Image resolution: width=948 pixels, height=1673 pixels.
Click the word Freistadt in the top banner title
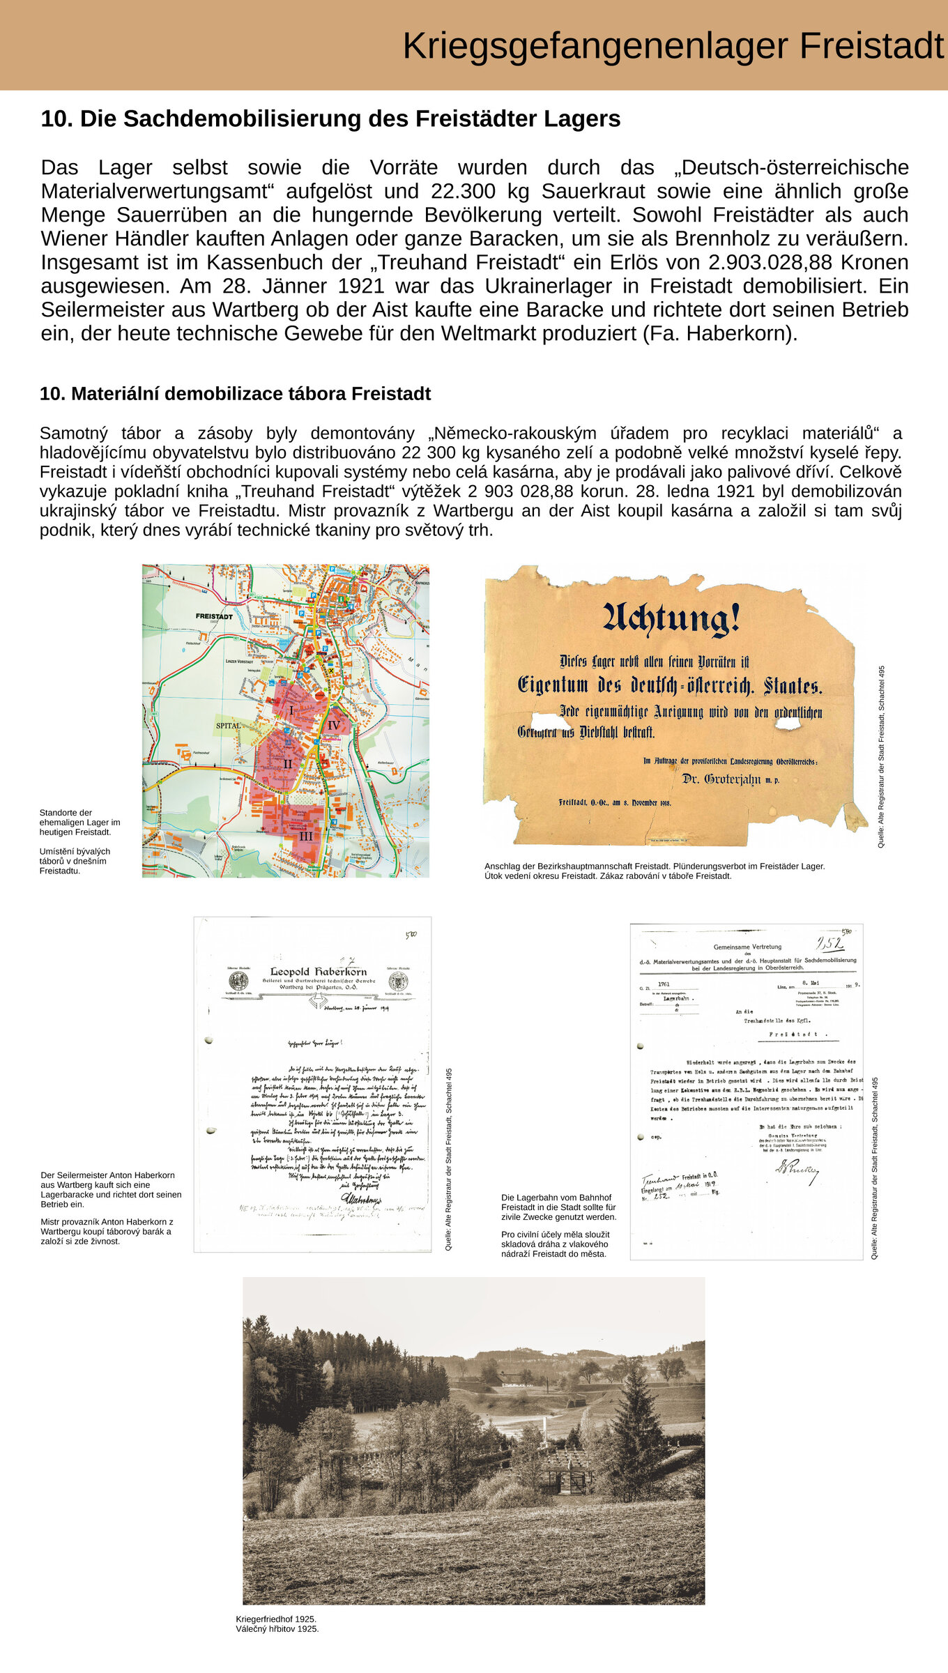coord(871,46)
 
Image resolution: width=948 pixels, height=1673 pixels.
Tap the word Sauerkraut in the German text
coord(592,191)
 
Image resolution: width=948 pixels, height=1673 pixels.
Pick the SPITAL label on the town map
coord(229,726)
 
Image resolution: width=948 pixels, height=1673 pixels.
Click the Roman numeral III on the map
coord(306,836)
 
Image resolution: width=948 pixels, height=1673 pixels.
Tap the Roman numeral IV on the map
coord(334,726)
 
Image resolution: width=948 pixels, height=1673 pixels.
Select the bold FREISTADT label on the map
coord(214,616)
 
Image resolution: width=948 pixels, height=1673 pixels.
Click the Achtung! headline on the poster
coord(671,619)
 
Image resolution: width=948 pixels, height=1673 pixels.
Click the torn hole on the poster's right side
coord(788,723)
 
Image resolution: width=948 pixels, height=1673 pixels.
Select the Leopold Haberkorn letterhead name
coord(318,971)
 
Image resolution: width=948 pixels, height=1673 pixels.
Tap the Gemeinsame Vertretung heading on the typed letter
coord(747,947)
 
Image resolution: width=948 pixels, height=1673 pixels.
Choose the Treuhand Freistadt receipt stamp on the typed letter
coord(680,1185)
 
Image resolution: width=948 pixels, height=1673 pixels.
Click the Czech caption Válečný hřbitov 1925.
coord(277,1629)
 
